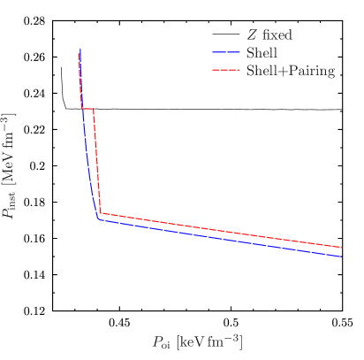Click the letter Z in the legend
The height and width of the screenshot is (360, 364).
[x=253, y=35]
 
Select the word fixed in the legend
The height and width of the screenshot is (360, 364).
[x=277, y=35]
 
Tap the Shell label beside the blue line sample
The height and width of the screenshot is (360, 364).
[x=262, y=53]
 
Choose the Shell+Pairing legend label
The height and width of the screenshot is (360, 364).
[x=290, y=71]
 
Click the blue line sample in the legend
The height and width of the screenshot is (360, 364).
[x=226, y=53]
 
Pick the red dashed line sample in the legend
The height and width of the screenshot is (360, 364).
[x=226, y=70]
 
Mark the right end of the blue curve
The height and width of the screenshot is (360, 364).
[x=342, y=257]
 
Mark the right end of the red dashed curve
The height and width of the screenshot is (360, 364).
[x=342, y=248]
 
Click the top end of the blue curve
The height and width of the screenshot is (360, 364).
[x=79, y=52]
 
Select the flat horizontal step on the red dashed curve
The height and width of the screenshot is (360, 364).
[x=88, y=108]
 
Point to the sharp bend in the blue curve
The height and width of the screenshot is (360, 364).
[x=98, y=219]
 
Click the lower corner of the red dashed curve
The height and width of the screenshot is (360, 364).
[x=101, y=213]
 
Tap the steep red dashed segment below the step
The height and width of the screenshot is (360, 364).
[x=97, y=159]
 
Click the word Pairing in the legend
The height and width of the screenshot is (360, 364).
[x=309, y=71]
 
